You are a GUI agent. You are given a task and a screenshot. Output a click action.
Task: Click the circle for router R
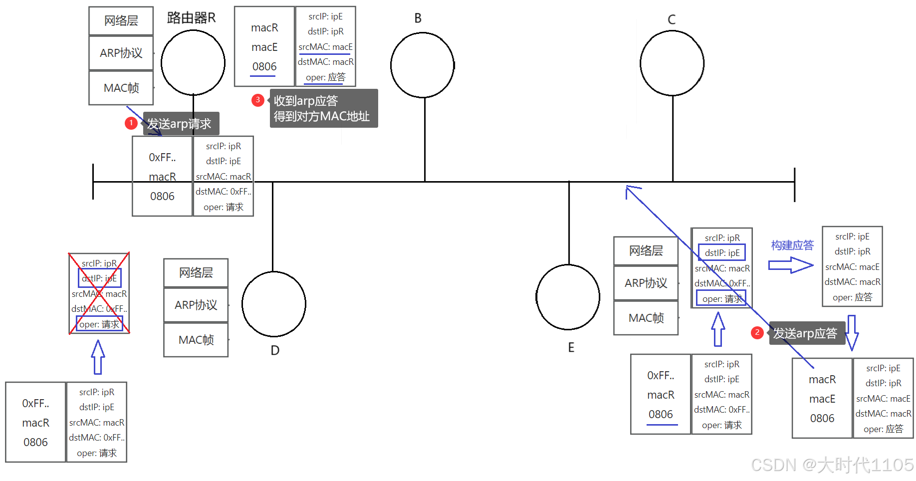coord(193,63)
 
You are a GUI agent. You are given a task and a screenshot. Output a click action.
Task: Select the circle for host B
coord(422,65)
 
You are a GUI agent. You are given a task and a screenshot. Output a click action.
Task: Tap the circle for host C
coord(672,63)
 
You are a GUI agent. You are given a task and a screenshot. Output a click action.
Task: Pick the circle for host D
coord(273,303)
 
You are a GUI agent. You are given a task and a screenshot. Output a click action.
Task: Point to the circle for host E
coord(568,297)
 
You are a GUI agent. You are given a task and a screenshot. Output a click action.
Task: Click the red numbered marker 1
coord(131,123)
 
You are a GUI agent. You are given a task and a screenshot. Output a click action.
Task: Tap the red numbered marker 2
coord(757,332)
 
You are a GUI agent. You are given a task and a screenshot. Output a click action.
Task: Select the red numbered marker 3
coord(257,100)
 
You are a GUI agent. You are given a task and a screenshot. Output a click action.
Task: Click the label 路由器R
coord(191,18)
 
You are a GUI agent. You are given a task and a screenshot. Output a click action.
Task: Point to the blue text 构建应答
coord(792,245)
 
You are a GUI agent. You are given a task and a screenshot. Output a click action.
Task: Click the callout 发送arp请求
coord(180,124)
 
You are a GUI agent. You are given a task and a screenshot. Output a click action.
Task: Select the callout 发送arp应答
coord(806,333)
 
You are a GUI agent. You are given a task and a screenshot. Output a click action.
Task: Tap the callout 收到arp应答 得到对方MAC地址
coord(323,108)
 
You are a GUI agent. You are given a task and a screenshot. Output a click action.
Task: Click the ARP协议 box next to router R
coord(121,53)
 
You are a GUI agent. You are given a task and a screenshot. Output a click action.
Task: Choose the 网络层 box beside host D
coord(196,272)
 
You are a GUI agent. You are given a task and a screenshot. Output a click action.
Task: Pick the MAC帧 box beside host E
coord(646,318)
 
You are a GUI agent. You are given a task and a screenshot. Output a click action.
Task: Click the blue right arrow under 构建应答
coord(790,265)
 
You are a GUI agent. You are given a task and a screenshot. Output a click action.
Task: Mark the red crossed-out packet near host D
coord(99,293)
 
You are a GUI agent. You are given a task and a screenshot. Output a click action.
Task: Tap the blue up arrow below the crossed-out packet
coord(98,357)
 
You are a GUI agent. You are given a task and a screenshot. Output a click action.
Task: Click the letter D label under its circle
coord(275,350)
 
